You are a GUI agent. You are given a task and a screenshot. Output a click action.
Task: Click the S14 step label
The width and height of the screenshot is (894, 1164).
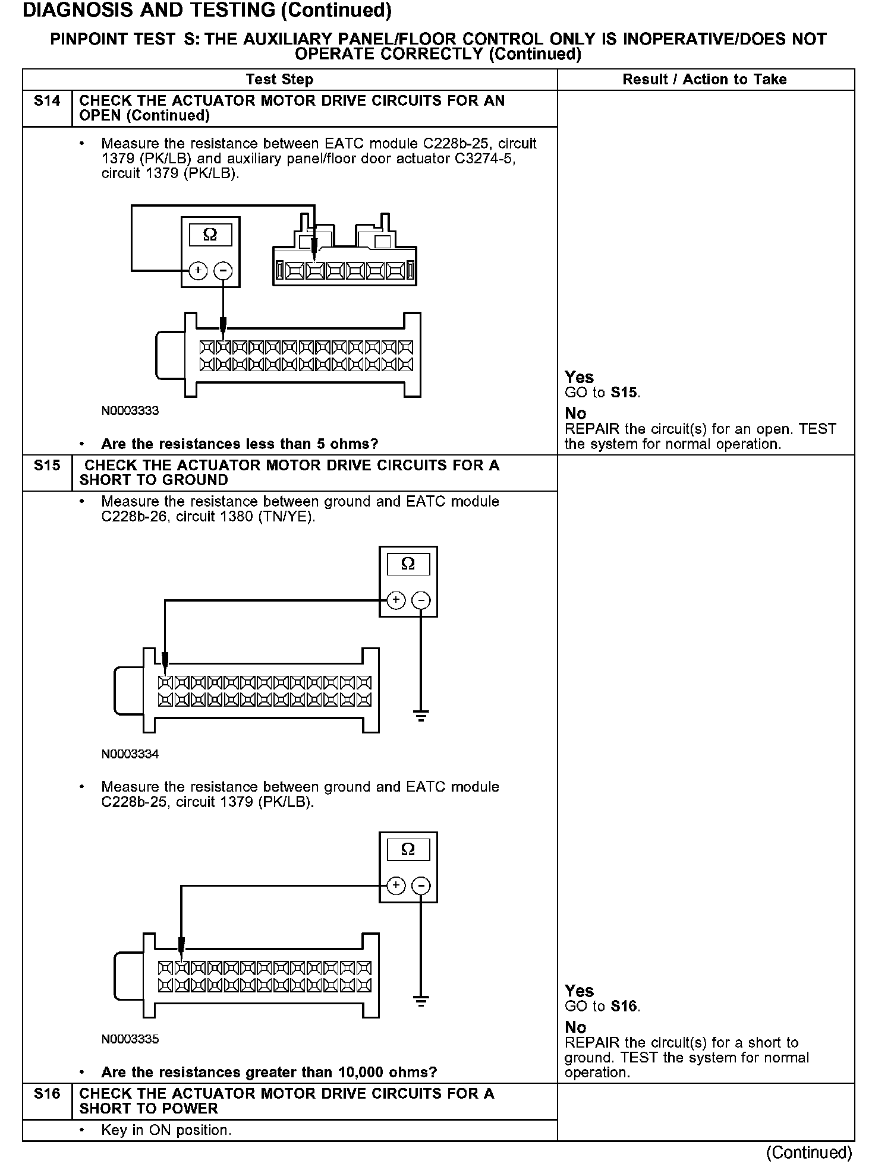point(47,101)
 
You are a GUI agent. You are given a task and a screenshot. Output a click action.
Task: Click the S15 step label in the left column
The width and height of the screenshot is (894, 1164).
point(47,466)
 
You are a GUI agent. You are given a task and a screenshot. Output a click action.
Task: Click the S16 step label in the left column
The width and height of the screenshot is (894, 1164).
point(47,1093)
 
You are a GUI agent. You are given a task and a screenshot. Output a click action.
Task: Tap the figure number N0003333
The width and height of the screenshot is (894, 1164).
point(130,411)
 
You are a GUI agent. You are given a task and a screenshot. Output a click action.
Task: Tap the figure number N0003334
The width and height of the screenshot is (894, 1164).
point(130,754)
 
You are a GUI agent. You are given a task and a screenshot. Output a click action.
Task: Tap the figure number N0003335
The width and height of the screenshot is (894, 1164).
point(130,1039)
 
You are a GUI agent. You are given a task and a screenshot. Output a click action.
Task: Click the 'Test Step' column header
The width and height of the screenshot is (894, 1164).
point(279,80)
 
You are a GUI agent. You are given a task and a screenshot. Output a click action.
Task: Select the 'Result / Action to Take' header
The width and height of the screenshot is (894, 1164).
point(704,80)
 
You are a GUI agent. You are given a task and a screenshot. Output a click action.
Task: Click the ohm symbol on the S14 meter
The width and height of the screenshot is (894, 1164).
point(210,235)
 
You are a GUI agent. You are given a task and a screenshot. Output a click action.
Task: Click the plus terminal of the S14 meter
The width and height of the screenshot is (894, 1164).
point(198,271)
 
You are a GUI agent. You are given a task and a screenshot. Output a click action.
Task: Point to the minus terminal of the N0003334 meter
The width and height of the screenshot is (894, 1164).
point(421,600)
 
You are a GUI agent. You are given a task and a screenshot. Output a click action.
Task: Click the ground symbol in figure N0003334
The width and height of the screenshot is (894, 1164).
point(421,716)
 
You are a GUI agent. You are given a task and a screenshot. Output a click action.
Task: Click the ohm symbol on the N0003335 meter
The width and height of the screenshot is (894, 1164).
point(408,849)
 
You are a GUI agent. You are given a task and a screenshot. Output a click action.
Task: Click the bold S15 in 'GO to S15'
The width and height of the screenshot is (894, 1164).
point(625,393)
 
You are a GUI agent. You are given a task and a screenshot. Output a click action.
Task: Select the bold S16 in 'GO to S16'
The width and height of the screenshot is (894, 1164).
point(625,1006)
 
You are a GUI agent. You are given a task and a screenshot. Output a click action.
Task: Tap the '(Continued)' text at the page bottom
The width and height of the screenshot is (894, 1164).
point(809,1152)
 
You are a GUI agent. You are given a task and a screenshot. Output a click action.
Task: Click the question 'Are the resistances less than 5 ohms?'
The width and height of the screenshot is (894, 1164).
point(240,444)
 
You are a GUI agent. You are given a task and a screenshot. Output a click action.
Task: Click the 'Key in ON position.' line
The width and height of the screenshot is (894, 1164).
point(166,1130)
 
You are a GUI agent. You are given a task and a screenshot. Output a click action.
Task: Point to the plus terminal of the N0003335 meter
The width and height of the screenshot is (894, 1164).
point(396,886)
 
